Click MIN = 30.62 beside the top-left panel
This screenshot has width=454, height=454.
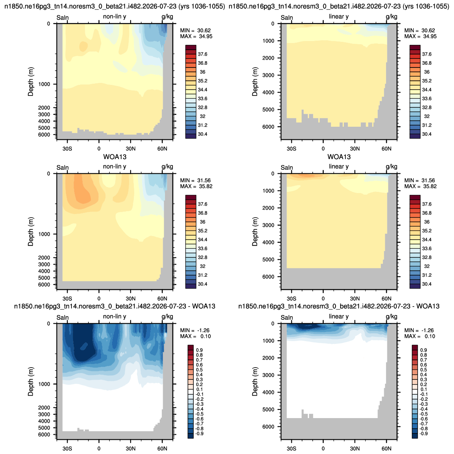tap(195, 30)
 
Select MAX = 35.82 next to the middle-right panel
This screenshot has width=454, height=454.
tap(420, 186)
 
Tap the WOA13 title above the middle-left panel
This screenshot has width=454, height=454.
tap(115, 157)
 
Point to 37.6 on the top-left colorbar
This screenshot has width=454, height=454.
tap(203, 54)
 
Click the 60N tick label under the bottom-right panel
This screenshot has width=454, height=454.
tap(386, 448)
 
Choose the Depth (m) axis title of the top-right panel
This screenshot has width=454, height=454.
tap(255, 82)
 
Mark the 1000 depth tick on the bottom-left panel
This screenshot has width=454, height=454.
tap(44, 384)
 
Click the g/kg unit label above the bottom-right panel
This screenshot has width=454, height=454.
tap(392, 317)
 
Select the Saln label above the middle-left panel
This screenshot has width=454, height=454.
tap(62, 168)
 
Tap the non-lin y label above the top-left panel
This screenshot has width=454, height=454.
tap(114, 17)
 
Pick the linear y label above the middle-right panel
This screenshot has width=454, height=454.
tap(339, 167)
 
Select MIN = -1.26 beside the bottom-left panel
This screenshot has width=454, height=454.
tap(195, 330)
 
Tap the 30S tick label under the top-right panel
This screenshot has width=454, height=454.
tap(292, 148)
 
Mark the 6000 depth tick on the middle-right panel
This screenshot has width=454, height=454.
tap(268, 277)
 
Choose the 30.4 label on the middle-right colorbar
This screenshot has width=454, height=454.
tap(427, 284)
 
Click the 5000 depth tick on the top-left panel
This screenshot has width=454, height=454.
tap(44, 128)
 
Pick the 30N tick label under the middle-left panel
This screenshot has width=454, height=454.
tap(131, 298)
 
